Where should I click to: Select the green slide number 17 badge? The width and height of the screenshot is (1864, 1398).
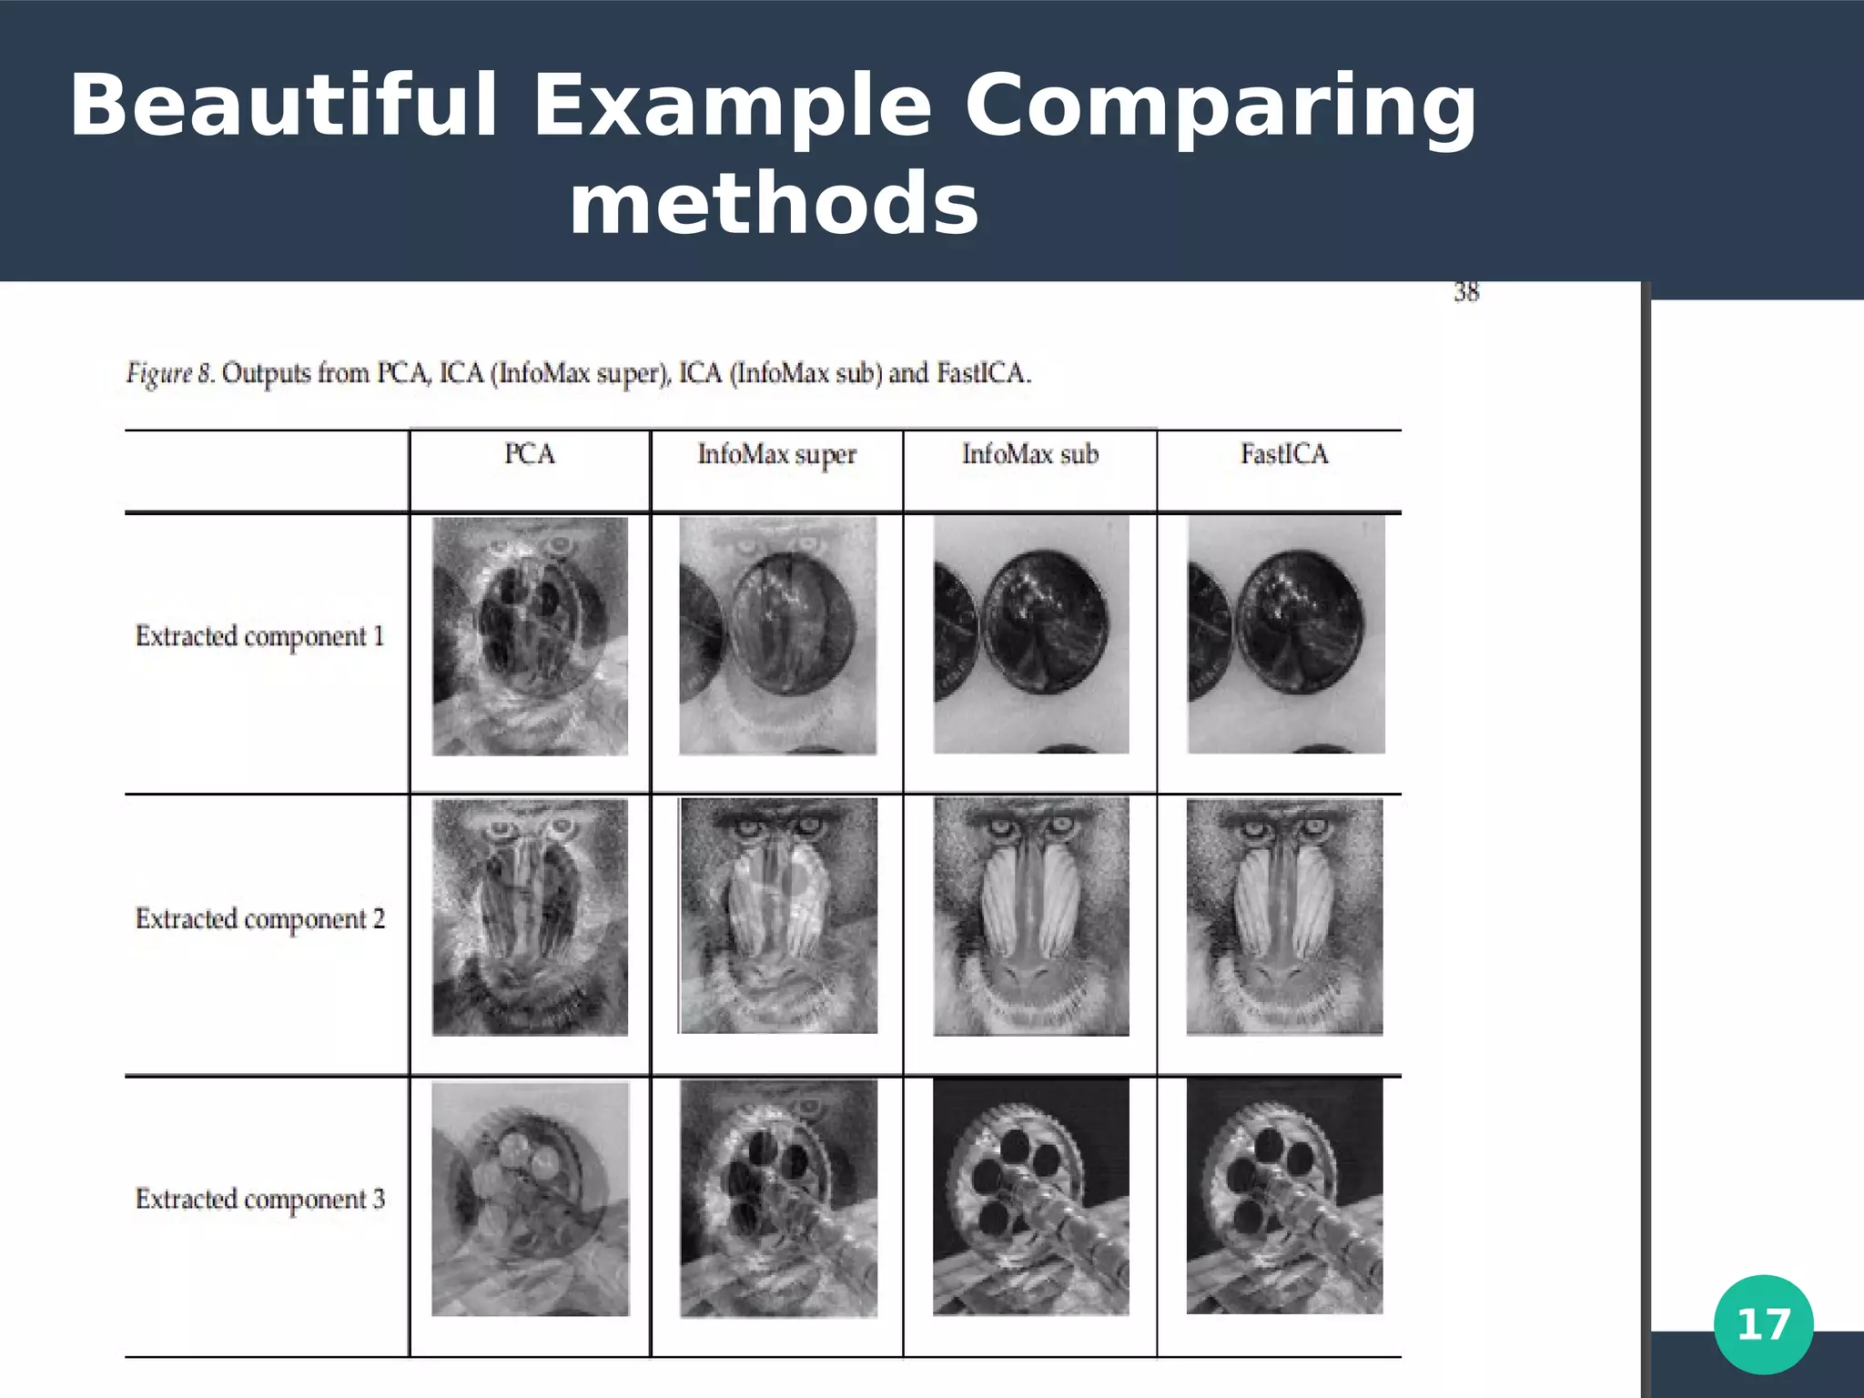1763,1324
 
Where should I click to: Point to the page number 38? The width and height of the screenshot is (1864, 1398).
1465,292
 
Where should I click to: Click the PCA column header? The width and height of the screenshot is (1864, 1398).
530,454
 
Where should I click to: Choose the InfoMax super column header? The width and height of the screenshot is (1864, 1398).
776,454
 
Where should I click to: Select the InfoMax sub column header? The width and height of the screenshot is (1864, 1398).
1030,454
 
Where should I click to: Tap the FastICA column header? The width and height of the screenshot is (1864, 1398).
1284,454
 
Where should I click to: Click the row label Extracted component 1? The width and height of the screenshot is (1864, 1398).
259,636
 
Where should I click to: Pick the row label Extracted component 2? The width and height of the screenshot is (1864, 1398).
259,918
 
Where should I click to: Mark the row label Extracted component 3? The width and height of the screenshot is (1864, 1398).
259,1200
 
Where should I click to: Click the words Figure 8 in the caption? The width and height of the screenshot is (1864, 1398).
170,373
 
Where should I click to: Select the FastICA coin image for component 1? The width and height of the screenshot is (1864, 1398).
1285,634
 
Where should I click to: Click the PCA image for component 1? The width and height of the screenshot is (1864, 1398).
530,636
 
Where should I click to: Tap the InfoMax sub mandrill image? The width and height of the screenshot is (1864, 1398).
1031,917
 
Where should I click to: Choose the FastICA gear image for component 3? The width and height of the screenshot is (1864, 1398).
1284,1196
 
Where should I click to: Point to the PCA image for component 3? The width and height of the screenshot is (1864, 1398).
530,1199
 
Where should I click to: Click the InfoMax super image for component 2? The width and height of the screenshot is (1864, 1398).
778,916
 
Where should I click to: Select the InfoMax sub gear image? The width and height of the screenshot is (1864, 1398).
1030,1197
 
